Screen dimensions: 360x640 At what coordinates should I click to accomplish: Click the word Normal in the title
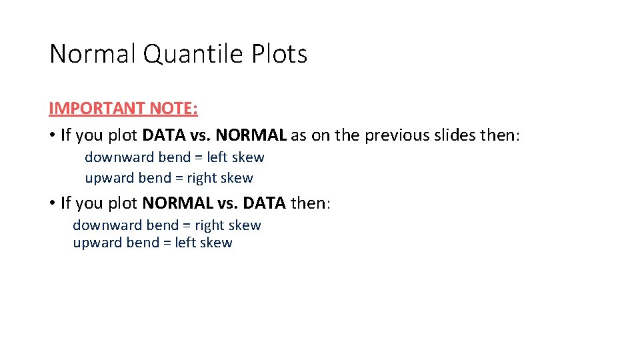point(93,54)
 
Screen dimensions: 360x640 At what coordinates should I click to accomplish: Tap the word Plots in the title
point(279,54)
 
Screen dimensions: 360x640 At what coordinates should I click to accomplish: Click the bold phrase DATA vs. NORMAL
point(214,135)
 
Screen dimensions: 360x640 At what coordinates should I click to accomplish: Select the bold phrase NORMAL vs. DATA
point(214,202)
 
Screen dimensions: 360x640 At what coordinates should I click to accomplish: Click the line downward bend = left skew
point(174,157)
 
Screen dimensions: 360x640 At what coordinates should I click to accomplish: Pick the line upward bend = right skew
point(169,178)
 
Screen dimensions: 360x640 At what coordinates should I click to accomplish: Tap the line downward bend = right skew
point(167,225)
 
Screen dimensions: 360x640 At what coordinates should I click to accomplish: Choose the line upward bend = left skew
point(153,243)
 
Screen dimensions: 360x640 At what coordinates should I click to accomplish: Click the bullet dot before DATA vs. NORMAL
point(51,135)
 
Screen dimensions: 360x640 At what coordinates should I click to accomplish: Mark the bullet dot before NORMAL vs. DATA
point(51,202)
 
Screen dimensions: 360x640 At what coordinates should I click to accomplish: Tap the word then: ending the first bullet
point(499,135)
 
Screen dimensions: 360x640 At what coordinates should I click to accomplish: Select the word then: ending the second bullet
point(310,202)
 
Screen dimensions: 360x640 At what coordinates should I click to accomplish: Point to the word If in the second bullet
point(65,202)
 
